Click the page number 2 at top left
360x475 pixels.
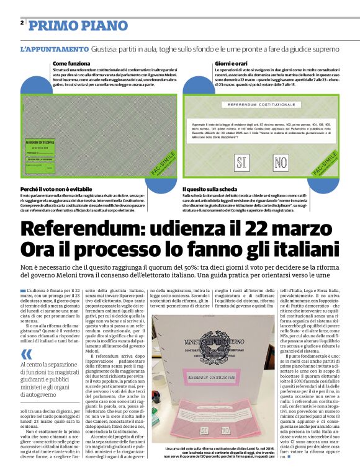[x=22, y=23]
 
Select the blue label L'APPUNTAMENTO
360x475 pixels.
[x=54, y=48]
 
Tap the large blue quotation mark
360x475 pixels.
[x=27, y=353]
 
